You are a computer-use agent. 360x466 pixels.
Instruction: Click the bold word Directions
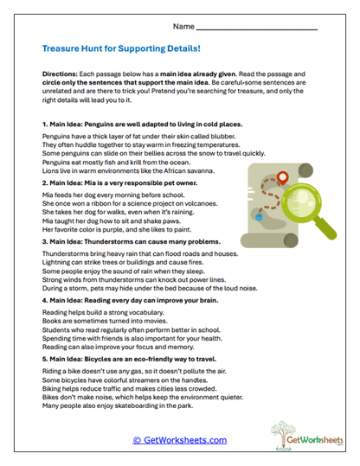pyautogui.click(x=60, y=75)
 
